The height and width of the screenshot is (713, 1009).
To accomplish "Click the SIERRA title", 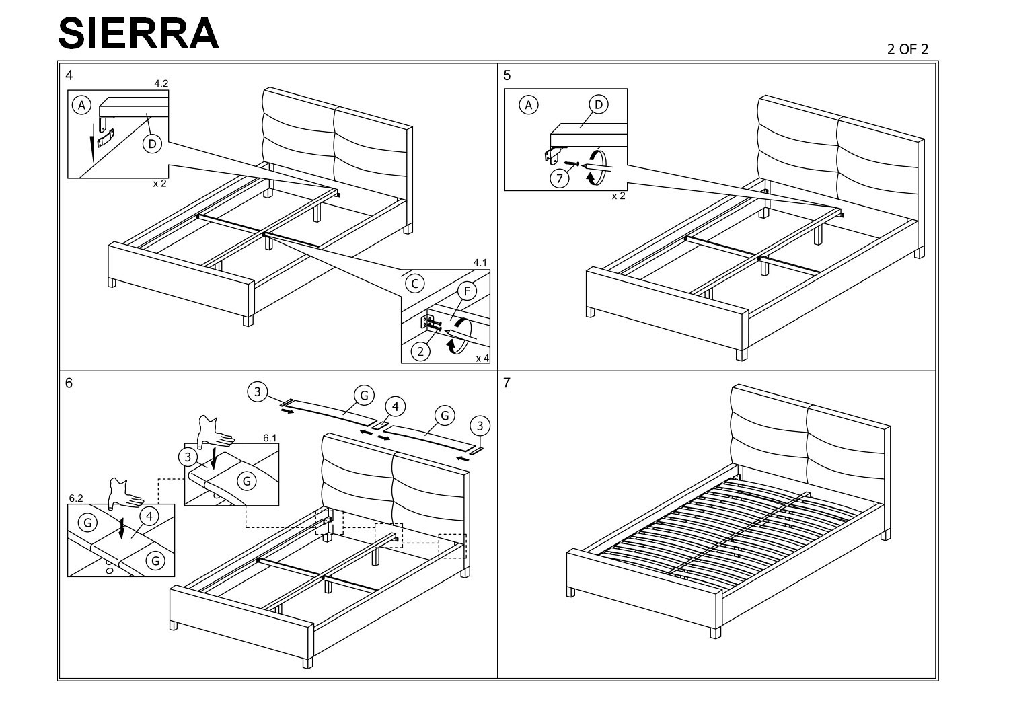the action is pos(139,34).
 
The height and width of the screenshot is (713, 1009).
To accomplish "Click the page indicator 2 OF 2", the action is pos(907,50).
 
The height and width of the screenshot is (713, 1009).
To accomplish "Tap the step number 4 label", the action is pos(69,75).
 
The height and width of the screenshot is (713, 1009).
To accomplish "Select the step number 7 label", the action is pos(507,383).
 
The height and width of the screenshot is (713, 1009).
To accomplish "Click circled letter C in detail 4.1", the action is pos(415,284).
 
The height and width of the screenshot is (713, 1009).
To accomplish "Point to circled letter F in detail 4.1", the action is pos(467,291).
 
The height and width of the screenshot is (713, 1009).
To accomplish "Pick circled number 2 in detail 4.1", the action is pos(420,352).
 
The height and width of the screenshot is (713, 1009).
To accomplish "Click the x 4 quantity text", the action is pos(482,358).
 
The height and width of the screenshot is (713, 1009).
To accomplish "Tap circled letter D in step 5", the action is pos(599,104).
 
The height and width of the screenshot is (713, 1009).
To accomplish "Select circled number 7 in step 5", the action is pos(560,178).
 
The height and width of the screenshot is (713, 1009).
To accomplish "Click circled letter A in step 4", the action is pos(81,105).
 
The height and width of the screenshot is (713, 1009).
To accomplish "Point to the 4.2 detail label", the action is pos(161,84).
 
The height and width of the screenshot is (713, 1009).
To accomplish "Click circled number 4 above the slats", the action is pos(395,407).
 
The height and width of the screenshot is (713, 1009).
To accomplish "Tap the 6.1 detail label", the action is pos(270,439).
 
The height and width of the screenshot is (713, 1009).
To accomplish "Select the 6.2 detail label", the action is pos(76,498).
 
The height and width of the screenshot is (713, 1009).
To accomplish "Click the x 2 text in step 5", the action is pos(618,196).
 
